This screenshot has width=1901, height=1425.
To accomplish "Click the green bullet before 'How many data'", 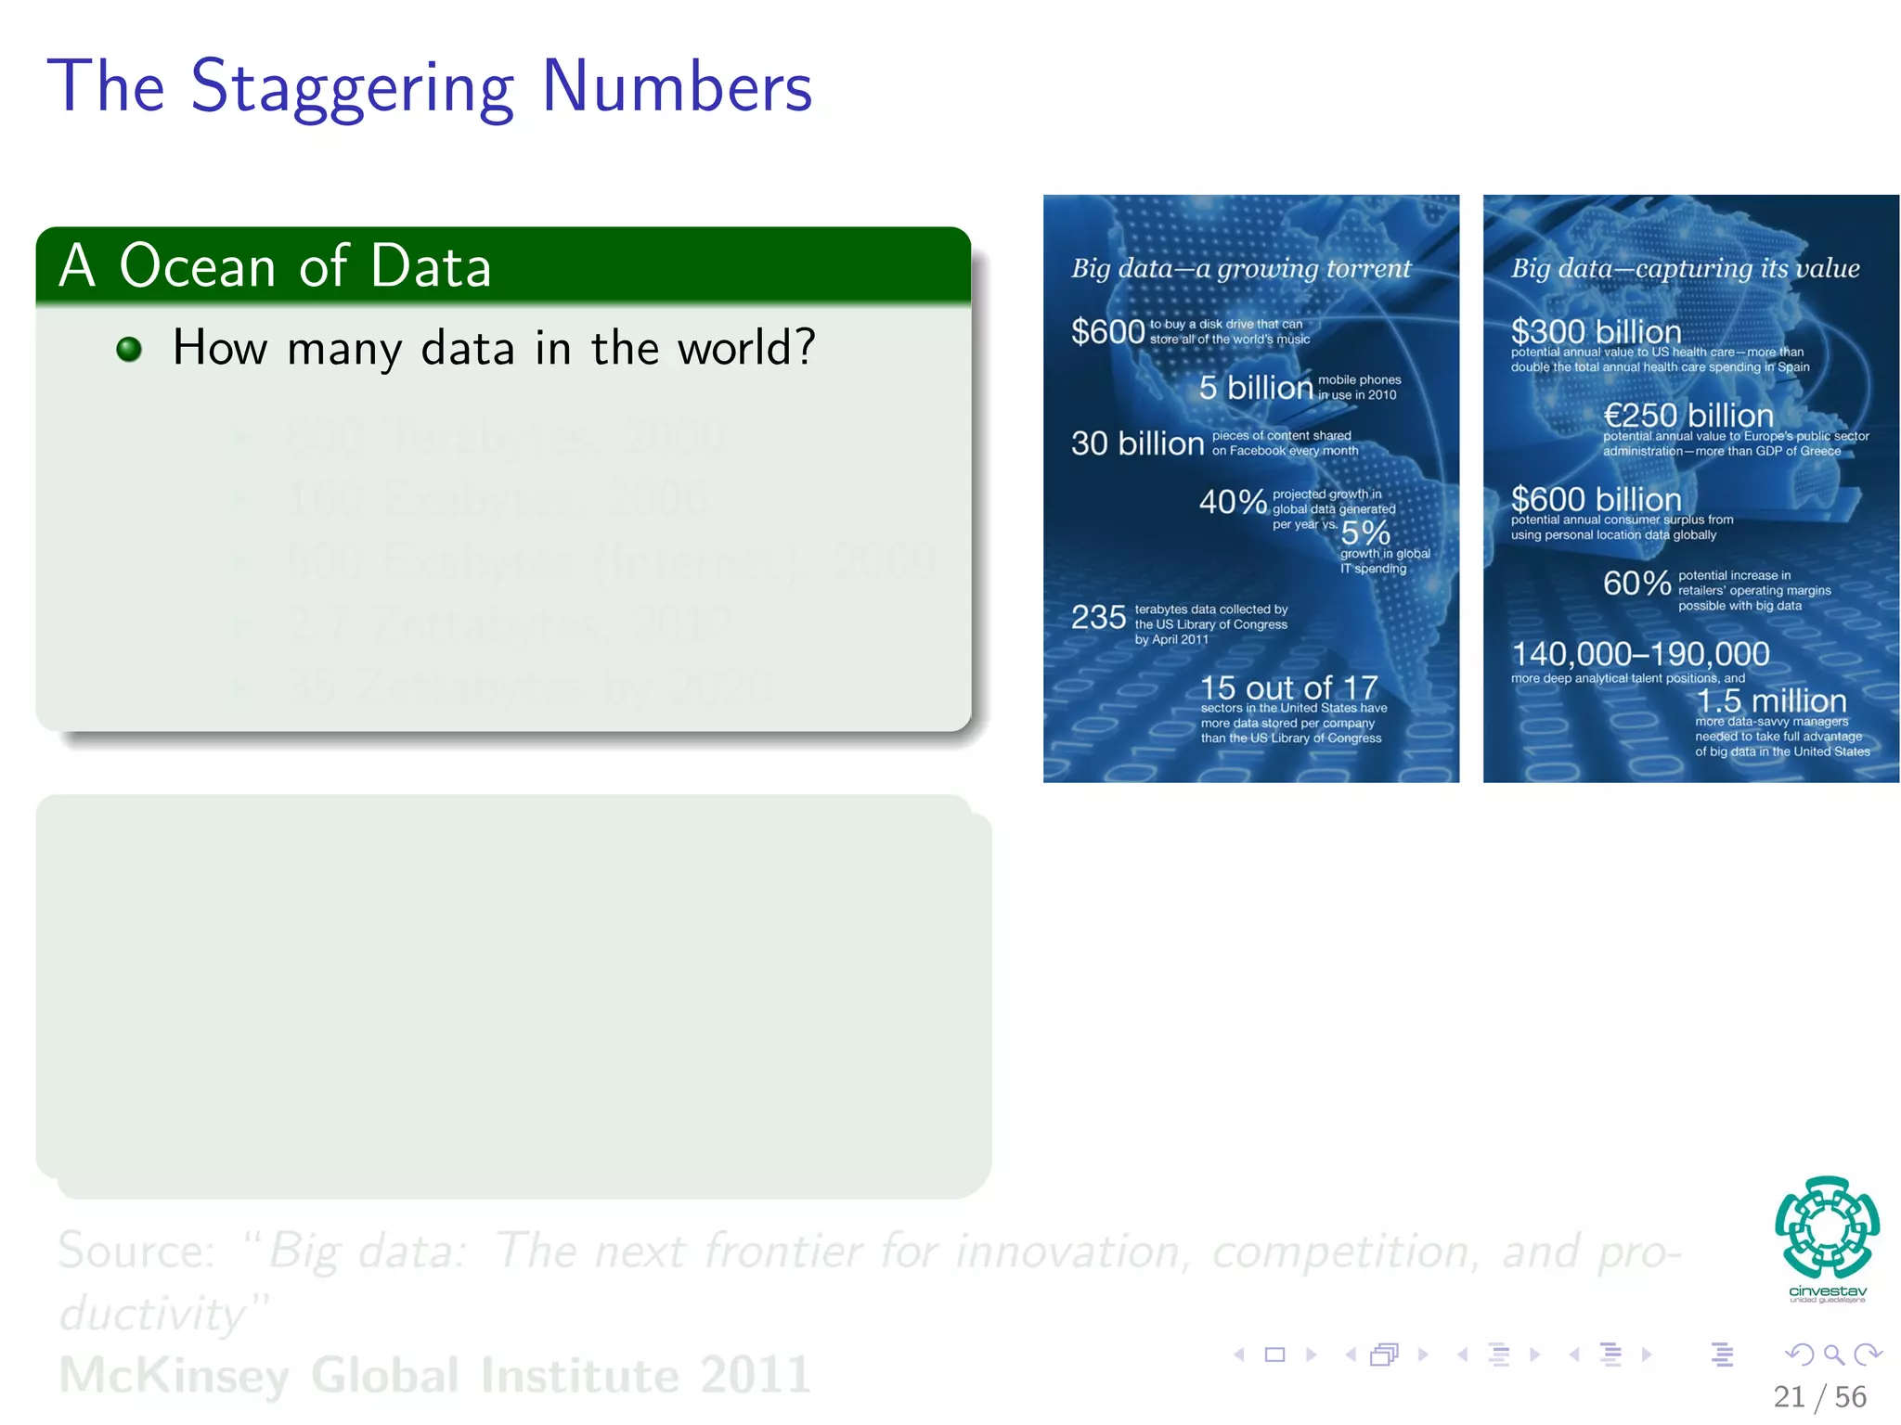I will click(x=129, y=349).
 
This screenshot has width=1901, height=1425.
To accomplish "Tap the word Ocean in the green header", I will click(x=198, y=266).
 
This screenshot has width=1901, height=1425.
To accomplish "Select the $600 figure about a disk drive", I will click(x=1107, y=331).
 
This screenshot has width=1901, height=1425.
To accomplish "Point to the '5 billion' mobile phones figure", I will click(x=1255, y=387).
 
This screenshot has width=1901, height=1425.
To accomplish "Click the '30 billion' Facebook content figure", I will click(x=1137, y=443).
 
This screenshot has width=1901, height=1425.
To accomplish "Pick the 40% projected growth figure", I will click(x=1232, y=502).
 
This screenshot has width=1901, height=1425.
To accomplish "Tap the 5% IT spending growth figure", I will click(x=1365, y=533).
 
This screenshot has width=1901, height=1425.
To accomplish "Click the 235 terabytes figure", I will click(x=1098, y=617).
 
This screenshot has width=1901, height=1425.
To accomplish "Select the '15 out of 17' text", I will click(x=1288, y=687).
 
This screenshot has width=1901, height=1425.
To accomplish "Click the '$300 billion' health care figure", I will click(x=1596, y=330).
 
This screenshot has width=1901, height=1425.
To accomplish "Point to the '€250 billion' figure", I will click(x=1688, y=415).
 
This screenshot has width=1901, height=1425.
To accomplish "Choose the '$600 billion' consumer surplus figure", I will click(x=1596, y=498).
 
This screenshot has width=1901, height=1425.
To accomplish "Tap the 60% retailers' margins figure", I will click(x=1636, y=583).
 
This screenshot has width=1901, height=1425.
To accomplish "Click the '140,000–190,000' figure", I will click(x=1640, y=653).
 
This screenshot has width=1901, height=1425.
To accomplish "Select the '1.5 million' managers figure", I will click(x=1770, y=700).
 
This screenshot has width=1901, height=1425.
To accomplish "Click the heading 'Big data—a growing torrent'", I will click(x=1240, y=268).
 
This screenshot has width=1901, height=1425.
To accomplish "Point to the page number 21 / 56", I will click(x=1818, y=1396).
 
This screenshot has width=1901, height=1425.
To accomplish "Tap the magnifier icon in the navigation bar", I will click(x=1833, y=1354).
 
